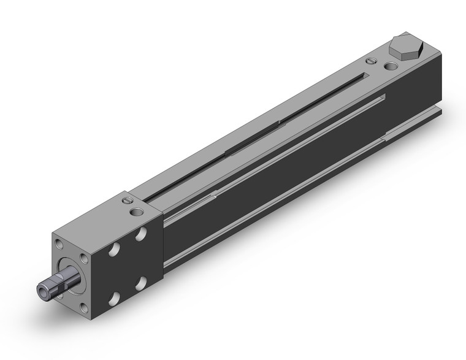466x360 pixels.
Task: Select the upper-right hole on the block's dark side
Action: pos(142,235)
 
